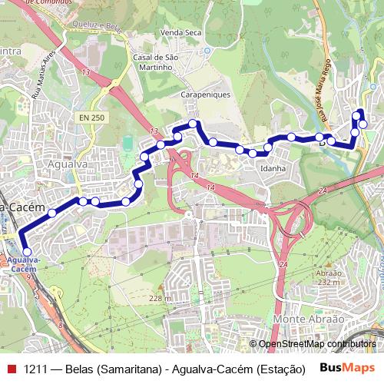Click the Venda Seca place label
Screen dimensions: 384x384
point(180,33)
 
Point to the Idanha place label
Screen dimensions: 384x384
point(273,168)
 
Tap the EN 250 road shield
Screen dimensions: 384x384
point(91,118)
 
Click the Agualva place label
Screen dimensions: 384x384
point(65,164)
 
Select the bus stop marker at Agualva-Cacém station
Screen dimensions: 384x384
point(27,251)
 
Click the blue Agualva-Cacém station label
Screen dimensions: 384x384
point(23,265)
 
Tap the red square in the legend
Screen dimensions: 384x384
point(12,368)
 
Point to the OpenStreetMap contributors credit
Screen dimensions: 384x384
point(316,344)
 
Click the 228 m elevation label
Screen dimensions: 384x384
point(160,298)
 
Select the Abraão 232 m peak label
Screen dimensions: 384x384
point(328,277)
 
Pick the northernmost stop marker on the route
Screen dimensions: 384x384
point(359,114)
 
